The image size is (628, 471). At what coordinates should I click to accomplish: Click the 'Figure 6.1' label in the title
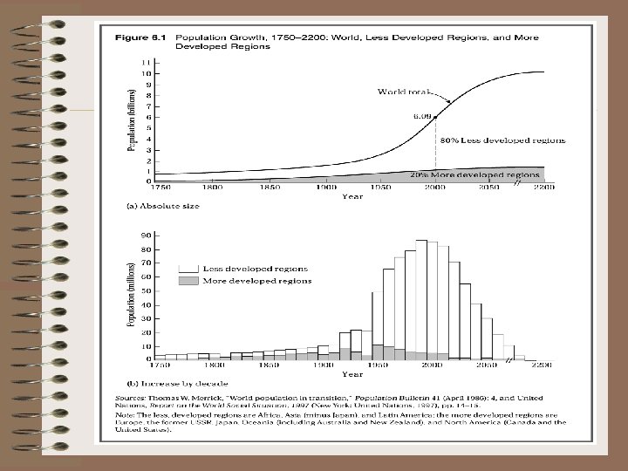(124, 38)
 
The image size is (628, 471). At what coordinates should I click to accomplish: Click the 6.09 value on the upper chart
(423, 114)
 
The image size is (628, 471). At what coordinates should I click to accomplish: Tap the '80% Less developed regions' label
(502, 140)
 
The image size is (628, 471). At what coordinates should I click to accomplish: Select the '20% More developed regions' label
(488, 174)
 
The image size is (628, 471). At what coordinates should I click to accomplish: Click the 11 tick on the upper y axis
(144, 63)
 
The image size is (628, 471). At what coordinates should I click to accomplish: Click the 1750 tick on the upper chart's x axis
(161, 187)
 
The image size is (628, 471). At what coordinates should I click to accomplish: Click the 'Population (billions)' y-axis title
(132, 119)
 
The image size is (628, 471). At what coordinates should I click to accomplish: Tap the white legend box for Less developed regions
(188, 270)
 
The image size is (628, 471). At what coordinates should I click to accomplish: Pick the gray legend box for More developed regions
(188, 281)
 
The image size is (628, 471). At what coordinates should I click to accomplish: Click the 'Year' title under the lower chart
(352, 375)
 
